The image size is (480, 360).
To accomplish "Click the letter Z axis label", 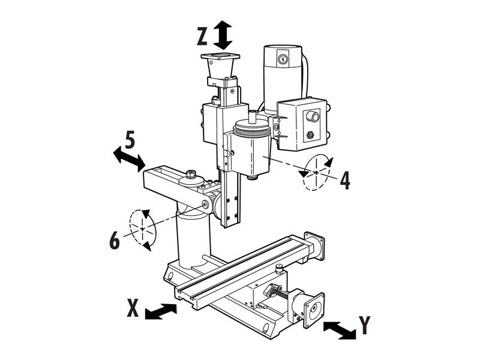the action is point(202,37).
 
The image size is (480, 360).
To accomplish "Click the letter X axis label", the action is point(133,308).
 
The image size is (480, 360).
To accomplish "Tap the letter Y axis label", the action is point(365,325).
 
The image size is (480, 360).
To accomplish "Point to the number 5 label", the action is point(130,140).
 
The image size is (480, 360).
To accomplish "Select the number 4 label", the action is point(345,181).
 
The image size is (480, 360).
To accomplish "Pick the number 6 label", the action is point(115,241).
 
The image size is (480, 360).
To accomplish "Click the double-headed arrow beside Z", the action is point(223,35).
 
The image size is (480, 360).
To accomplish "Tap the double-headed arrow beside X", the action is point(161,311).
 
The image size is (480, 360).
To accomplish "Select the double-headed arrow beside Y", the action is point(340,331).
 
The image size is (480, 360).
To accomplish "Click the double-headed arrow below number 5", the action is point(129,159).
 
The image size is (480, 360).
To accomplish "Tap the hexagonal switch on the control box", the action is point(310,134).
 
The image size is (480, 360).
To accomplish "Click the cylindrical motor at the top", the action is point(283,78).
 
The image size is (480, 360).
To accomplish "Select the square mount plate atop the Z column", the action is point(220,56).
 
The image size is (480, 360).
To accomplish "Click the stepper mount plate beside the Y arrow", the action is point(314,310).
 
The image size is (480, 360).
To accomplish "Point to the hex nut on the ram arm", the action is point(191,173).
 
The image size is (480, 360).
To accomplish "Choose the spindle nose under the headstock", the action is point(253,177).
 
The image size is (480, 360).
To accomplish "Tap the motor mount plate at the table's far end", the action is point(314,247).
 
